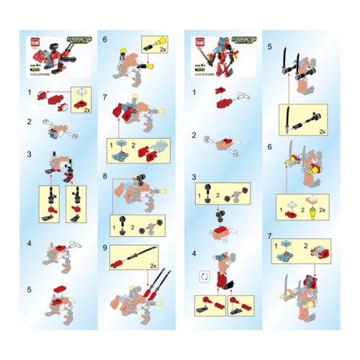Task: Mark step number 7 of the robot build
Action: (x=269, y=235)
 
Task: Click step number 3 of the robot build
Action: (x=195, y=177)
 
